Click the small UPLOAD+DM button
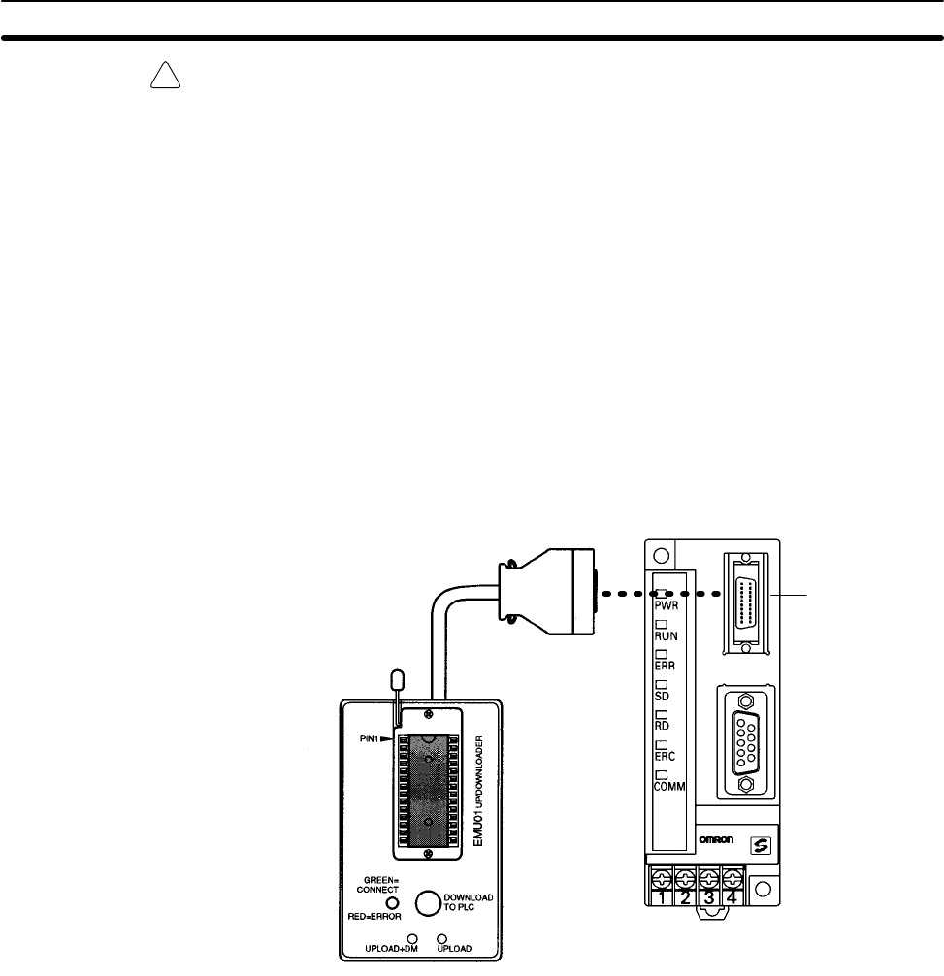[x=412, y=939]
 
